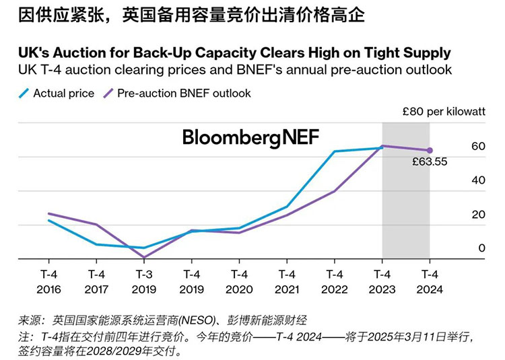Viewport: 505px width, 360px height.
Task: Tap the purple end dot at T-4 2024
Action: pyautogui.click(x=430, y=150)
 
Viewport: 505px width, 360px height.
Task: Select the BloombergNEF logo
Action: pyautogui.click(x=251, y=138)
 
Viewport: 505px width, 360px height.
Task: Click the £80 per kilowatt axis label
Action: pyautogui.click(x=444, y=112)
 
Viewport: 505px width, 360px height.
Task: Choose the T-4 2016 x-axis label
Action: pyautogui.click(x=49, y=281)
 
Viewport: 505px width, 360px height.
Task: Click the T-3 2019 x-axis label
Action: pyautogui.click(x=144, y=281)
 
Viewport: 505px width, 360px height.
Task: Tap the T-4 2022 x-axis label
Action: pyautogui.click(x=335, y=281)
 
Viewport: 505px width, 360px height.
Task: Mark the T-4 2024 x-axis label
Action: pyautogui.click(x=430, y=281)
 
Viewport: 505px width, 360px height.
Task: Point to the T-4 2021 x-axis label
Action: pyautogui.click(x=287, y=281)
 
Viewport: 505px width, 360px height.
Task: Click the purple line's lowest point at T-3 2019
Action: pyautogui.click(x=144, y=257)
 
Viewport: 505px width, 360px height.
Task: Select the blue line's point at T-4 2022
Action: pyautogui.click(x=335, y=151)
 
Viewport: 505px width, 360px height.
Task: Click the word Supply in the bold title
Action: pyautogui.click(x=427, y=52)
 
